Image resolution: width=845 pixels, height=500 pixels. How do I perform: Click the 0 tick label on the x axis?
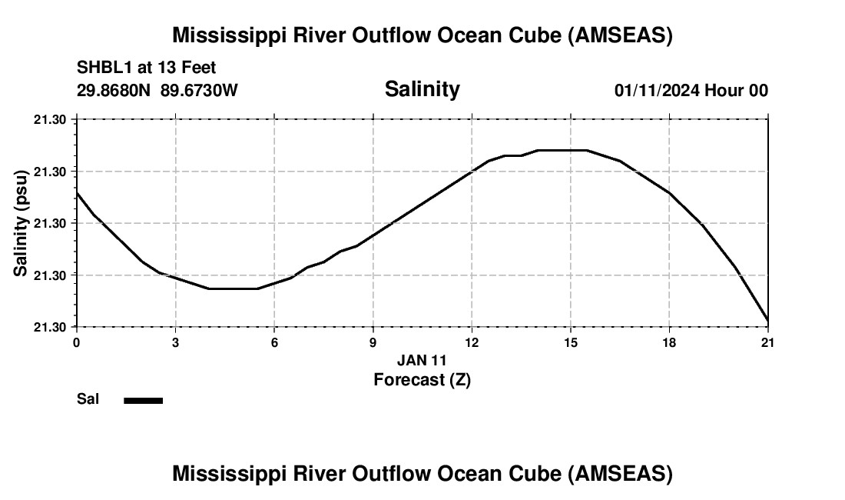coord(76,342)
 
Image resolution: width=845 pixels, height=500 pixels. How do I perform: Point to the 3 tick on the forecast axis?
coord(175,342)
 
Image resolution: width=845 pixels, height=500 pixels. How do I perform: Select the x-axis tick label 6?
coord(274,342)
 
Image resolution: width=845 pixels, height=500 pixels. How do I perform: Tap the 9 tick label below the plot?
coord(373,342)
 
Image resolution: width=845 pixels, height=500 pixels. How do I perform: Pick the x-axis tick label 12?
coord(472,342)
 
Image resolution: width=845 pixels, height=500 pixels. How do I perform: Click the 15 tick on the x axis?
coord(570,342)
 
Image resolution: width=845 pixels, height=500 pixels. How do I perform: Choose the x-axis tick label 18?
coord(669,342)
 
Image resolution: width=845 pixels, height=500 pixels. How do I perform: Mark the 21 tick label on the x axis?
coord(767,342)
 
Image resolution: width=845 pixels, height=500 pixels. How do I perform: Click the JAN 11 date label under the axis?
coord(422,360)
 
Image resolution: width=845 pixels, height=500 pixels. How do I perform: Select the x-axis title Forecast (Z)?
coord(422,379)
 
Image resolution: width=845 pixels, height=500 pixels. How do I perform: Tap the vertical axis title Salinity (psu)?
coord(22,223)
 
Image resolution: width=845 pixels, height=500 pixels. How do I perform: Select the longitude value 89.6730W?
coord(200,90)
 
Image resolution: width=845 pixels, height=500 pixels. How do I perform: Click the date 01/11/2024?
coord(657,90)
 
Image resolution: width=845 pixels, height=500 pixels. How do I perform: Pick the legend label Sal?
coord(88,399)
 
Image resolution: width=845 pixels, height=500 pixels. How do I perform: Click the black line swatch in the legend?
coord(144,400)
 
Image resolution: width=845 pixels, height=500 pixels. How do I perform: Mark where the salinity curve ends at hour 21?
coord(767,320)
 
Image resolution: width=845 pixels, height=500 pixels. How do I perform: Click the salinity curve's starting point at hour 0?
coord(77,192)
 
